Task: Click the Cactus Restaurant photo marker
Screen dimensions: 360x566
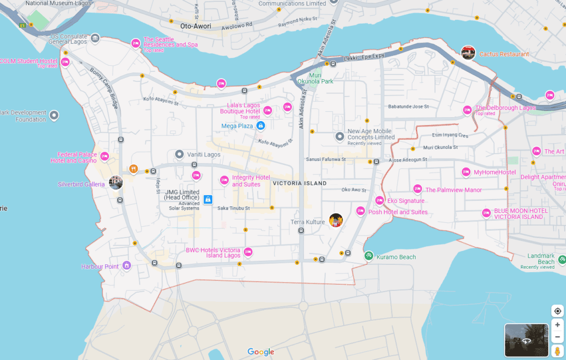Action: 468,53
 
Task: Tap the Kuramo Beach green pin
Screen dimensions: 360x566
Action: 369,255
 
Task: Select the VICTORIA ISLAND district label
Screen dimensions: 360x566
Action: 300,183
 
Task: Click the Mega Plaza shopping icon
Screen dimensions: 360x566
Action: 261,126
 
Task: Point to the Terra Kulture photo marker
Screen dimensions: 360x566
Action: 336,220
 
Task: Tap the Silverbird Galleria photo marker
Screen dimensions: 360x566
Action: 116,182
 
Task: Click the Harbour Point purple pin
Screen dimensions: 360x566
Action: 127,266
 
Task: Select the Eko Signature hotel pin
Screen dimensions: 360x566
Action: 379,200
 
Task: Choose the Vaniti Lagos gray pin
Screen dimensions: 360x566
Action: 179,154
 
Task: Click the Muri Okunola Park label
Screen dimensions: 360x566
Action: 316,78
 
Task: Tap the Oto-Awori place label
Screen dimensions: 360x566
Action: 196,26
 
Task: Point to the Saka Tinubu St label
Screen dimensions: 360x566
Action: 234,208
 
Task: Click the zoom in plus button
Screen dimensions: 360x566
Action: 557,325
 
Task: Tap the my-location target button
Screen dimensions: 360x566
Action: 557,311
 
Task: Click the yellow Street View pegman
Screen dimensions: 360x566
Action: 557,351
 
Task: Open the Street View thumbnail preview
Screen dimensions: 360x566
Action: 526,340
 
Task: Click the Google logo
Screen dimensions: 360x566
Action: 261,352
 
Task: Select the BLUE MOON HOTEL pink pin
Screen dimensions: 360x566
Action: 486,212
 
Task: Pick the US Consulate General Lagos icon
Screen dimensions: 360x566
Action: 95,38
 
